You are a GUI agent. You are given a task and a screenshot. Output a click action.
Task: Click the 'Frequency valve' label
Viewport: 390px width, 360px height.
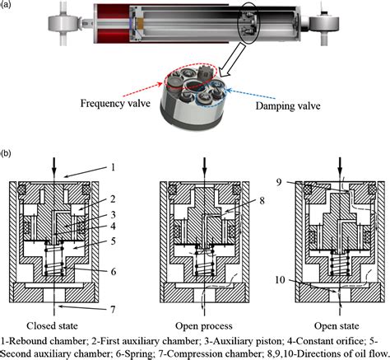coord(115,103)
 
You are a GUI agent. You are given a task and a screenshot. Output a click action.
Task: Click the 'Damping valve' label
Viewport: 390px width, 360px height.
coord(288,105)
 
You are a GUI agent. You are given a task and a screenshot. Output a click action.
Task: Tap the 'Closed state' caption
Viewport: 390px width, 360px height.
coord(52,326)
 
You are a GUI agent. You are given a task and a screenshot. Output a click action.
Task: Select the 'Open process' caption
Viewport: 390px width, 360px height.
coord(204,326)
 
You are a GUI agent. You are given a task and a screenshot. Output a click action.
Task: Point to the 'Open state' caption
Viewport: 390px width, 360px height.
coord(337,326)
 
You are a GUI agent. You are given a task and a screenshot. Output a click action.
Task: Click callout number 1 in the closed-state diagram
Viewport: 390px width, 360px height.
coord(113,167)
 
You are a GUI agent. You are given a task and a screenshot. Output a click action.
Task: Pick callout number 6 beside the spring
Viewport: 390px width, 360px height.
coord(114,272)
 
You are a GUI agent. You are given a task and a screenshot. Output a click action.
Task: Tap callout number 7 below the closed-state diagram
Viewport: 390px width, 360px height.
coord(113,310)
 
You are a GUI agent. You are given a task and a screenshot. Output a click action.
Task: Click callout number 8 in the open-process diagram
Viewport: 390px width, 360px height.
coord(262,201)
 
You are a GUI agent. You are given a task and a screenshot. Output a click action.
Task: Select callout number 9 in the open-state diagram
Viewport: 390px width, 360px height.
coord(279,182)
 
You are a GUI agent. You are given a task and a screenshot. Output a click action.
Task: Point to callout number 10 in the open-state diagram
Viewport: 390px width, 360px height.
coord(280,280)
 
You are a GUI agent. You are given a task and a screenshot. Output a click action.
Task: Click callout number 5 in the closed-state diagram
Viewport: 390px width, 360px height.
coord(113,241)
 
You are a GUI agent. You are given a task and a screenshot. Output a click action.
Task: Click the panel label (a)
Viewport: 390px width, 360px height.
coord(6,5)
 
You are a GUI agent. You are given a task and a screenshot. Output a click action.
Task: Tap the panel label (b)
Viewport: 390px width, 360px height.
coord(6,153)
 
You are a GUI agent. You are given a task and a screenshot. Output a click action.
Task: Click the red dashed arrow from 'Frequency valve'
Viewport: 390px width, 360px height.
coord(142,89)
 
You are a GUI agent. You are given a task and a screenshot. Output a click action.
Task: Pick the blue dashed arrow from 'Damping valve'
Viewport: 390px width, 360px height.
coord(252,93)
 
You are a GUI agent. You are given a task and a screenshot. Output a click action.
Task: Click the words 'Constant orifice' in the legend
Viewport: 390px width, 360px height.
coord(330,341)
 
